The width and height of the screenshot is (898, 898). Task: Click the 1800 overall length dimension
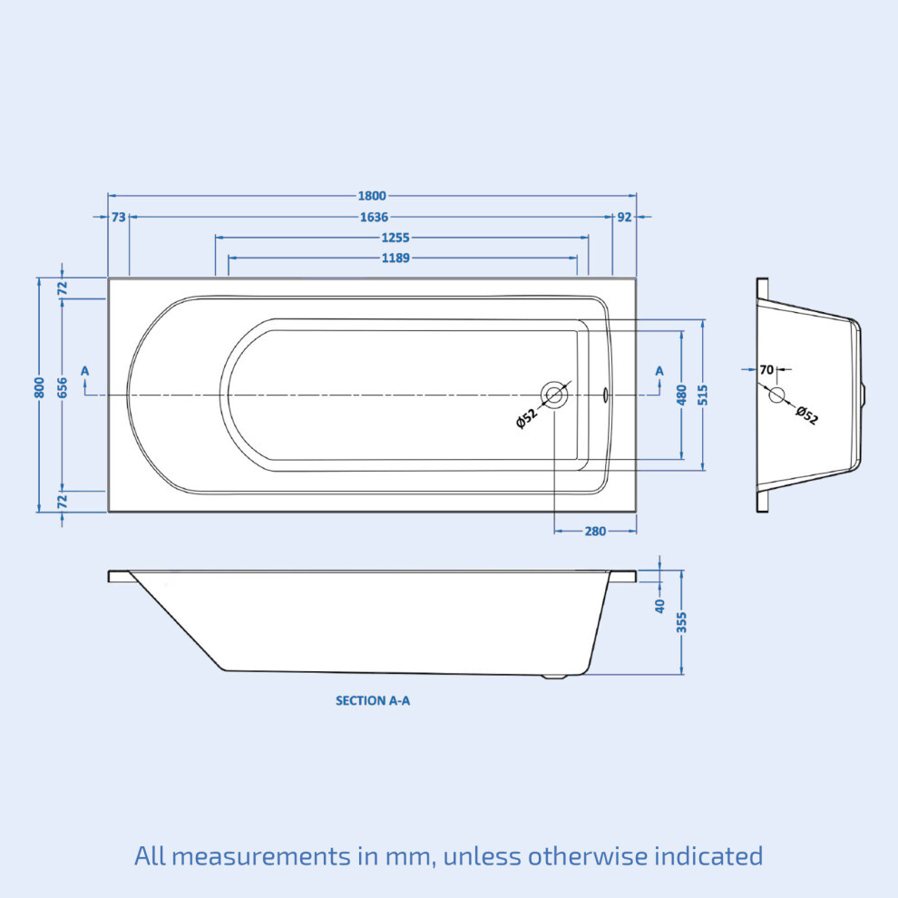[372, 196]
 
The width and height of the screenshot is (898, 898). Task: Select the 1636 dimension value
[374, 217]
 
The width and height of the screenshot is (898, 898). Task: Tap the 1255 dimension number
[395, 238]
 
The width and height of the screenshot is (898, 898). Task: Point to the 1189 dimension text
[395, 259]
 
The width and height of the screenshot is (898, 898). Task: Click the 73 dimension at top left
[119, 217]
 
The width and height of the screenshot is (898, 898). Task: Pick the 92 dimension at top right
[624, 217]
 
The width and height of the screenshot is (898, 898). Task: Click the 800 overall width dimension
[39, 387]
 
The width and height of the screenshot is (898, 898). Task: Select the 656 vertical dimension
[63, 387]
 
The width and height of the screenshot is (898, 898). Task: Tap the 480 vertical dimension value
[681, 395]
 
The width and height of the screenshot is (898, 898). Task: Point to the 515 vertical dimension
[703, 395]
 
